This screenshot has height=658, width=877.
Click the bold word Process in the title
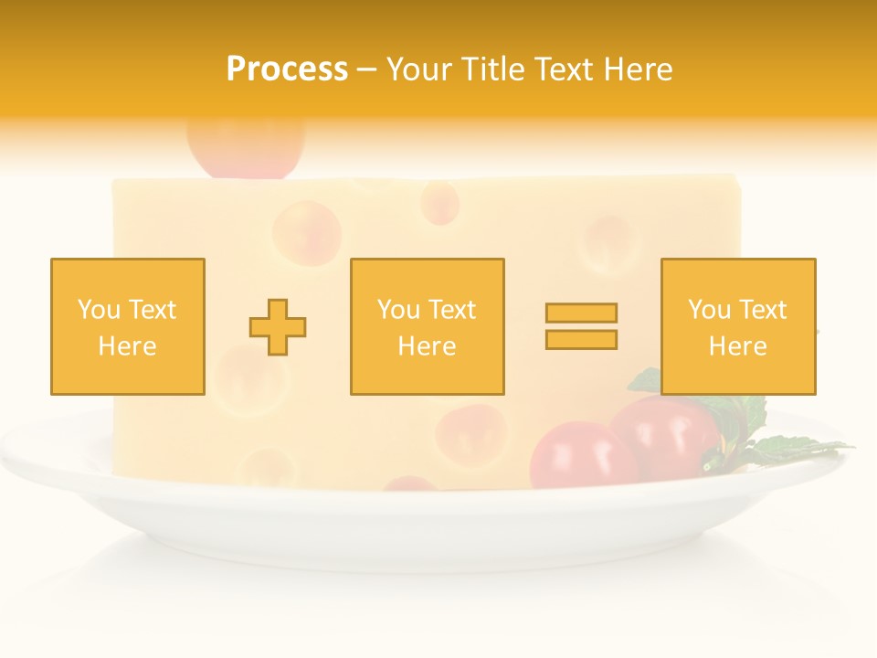tap(287, 69)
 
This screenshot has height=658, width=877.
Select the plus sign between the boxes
tap(278, 326)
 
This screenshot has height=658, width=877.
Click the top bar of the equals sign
tap(581, 313)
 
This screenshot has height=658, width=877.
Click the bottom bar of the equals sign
tap(581, 339)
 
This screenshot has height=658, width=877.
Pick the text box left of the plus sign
tap(128, 326)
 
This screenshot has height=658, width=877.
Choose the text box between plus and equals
tap(427, 326)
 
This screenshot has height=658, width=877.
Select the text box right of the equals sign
tap(737, 326)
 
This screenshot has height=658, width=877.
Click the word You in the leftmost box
tap(96, 309)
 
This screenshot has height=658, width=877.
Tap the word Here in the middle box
tap(427, 345)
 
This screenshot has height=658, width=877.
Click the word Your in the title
tap(418, 69)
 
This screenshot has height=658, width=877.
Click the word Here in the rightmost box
tap(737, 345)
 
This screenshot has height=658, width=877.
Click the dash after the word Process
tap(366, 69)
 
